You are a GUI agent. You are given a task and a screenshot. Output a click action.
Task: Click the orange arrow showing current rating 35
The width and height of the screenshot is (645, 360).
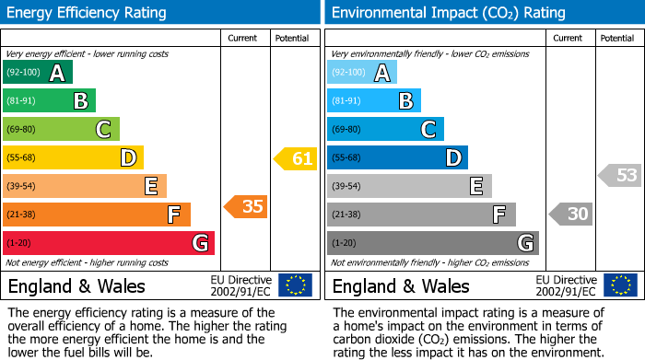coord(246,206)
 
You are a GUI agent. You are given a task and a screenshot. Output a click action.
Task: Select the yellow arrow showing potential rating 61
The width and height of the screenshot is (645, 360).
coord(296,158)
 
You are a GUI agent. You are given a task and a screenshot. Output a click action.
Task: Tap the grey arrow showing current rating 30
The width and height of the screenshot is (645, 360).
coord(570,215)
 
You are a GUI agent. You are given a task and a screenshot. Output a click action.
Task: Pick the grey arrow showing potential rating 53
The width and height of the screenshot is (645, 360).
coord(620,175)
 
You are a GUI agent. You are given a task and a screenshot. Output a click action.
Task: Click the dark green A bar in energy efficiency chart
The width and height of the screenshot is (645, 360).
coord(37,73)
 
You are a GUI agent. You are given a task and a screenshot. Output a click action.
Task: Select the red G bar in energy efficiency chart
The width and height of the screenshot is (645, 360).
coord(108,243)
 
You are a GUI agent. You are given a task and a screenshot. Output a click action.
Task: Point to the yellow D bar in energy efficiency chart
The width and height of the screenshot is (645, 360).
coord(73,157)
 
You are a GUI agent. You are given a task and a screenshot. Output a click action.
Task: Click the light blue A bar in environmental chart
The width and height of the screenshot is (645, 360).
coord(362,73)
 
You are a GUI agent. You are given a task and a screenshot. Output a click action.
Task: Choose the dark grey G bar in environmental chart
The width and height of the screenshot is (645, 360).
coord(432,243)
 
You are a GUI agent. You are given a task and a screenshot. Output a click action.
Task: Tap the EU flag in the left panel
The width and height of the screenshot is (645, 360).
coord(295,285)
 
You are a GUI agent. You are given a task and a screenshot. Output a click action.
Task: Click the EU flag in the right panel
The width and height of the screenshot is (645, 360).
coord(620,285)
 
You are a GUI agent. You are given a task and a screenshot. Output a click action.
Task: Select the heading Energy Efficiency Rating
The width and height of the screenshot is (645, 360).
coord(88,13)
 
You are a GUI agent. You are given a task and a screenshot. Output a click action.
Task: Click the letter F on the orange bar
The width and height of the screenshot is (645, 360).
coord(172,215)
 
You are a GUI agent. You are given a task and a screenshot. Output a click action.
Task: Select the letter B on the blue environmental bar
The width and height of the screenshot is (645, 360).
coord(405,101)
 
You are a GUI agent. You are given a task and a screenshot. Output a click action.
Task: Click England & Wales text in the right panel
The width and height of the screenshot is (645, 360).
coord(401,285)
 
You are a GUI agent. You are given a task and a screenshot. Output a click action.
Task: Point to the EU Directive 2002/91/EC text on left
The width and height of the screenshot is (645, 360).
coord(241,285)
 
